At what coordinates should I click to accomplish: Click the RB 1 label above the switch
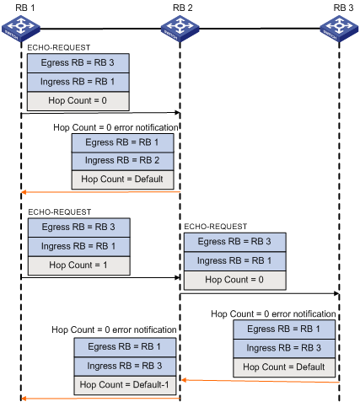point(25,8)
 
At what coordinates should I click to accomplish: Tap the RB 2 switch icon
point(180,29)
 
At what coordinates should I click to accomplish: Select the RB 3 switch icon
point(339,29)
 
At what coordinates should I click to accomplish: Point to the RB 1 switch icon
point(21,29)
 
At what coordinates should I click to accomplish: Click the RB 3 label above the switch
point(343,8)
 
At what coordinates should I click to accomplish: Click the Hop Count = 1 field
point(79,265)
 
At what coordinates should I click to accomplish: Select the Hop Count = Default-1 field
point(125,385)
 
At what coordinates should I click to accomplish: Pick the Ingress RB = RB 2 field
point(123,161)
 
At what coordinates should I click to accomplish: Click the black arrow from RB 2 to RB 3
point(260,293)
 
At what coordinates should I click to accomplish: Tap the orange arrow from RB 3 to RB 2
point(261,381)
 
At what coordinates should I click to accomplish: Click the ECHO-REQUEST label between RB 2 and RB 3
point(216,227)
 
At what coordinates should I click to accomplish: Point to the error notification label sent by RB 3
point(273,313)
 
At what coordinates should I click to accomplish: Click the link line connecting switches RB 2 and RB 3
point(260,29)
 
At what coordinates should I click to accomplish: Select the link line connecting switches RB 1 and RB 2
point(100,29)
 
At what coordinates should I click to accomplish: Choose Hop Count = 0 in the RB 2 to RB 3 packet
point(235,280)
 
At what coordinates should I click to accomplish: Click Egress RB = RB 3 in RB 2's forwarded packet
point(235,242)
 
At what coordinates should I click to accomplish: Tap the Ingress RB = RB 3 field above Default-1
point(125,367)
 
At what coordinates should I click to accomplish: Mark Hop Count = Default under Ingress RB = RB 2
point(123,179)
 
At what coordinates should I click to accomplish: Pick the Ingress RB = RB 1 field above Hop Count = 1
point(79,247)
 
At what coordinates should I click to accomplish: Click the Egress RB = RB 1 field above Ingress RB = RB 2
point(123,142)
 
